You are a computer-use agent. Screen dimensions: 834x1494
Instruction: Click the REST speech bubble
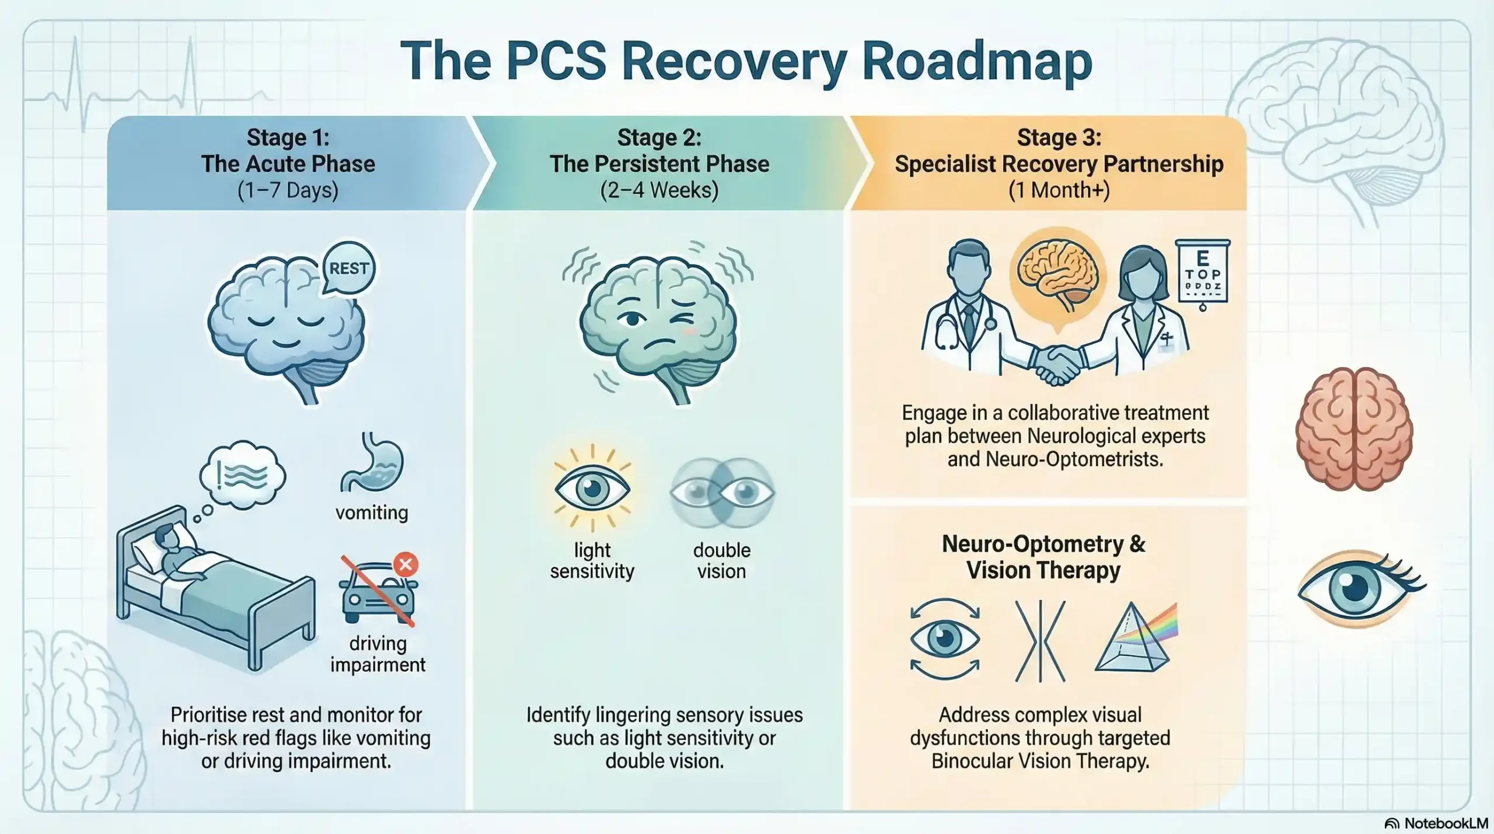pyautogui.click(x=348, y=268)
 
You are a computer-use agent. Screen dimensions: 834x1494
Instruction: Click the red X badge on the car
pyautogui.click(x=406, y=564)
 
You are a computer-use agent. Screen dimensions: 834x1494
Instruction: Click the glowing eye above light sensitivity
pyautogui.click(x=592, y=488)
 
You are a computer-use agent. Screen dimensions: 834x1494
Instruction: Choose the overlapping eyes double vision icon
pyautogui.click(x=721, y=492)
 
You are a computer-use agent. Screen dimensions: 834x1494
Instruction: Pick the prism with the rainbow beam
pyautogui.click(x=1135, y=639)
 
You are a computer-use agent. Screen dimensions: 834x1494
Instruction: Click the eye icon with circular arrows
pyautogui.click(x=945, y=639)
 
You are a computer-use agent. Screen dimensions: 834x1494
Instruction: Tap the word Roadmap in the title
pyautogui.click(x=976, y=61)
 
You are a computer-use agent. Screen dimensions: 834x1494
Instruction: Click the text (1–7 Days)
pyautogui.click(x=288, y=190)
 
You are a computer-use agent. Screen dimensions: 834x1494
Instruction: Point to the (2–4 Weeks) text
pyautogui.click(x=659, y=190)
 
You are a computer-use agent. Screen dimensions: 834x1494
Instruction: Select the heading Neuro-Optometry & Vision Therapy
pyautogui.click(x=1043, y=557)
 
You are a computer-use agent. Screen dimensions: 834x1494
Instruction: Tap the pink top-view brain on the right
pyautogui.click(x=1354, y=429)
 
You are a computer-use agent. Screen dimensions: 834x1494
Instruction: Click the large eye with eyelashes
pyautogui.click(x=1360, y=588)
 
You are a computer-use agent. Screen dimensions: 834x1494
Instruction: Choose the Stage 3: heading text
pyautogui.click(x=1059, y=138)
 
